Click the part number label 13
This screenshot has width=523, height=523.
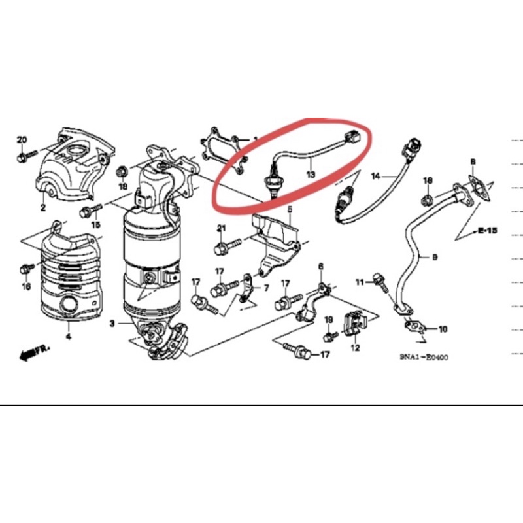(310, 175)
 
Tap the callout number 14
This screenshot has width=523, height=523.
(376, 176)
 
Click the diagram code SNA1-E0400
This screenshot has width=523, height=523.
(429, 357)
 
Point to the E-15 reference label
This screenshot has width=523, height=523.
(487, 230)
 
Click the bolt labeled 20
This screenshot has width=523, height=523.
(23, 156)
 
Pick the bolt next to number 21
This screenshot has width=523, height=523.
(222, 247)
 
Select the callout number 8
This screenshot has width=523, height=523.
(473, 161)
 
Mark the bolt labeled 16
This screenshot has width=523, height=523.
(26, 267)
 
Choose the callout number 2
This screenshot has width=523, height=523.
(42, 209)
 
